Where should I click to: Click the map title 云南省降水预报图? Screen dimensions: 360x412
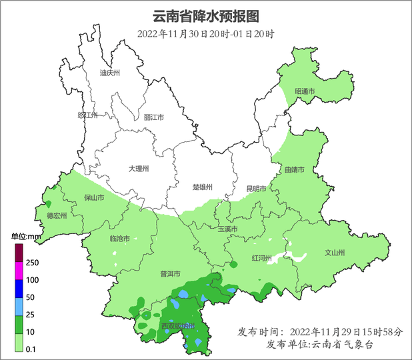point(205,16)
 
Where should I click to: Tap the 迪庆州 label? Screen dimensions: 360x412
point(109,73)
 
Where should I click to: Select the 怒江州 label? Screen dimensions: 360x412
point(87,115)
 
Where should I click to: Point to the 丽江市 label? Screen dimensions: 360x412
point(153,117)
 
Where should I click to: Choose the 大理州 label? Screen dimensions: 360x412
point(139,169)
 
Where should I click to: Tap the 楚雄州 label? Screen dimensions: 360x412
point(201,187)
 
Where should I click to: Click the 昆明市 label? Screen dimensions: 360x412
point(256,189)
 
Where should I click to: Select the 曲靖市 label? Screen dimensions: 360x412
point(294,171)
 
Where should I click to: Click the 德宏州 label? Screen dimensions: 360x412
point(57,216)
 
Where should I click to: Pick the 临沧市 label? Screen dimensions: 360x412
point(119,239)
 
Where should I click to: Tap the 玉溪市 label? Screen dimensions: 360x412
point(227,229)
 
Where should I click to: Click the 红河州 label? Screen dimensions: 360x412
point(261,257)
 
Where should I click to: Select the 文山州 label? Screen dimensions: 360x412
point(333,253)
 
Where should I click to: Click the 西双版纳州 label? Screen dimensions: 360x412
point(177,326)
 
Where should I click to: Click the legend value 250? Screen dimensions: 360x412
point(34,262)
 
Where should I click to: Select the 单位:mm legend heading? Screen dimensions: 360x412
point(27,237)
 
